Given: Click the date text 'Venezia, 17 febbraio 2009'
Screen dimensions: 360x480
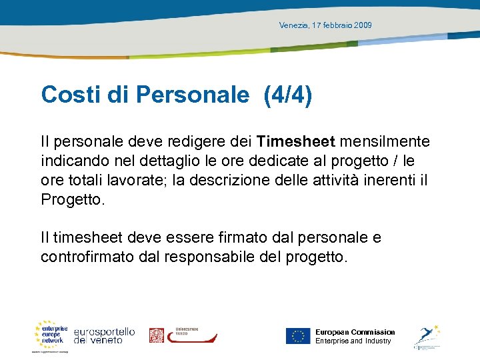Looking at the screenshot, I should pyautogui.click(x=325, y=25).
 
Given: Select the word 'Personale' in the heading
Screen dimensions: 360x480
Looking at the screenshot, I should pyautogui.click(x=192, y=95).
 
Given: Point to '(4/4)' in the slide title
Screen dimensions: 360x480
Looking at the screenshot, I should pyautogui.click(x=288, y=95).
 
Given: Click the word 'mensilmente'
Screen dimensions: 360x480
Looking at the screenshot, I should pyautogui.click(x=386, y=141).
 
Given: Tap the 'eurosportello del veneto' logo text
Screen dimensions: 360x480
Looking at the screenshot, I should pyautogui.click(x=104, y=335).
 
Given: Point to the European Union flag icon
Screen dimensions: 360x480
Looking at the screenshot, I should pyautogui.click(x=298, y=336).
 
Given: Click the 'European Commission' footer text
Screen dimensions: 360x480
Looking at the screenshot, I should pyautogui.click(x=355, y=332).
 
